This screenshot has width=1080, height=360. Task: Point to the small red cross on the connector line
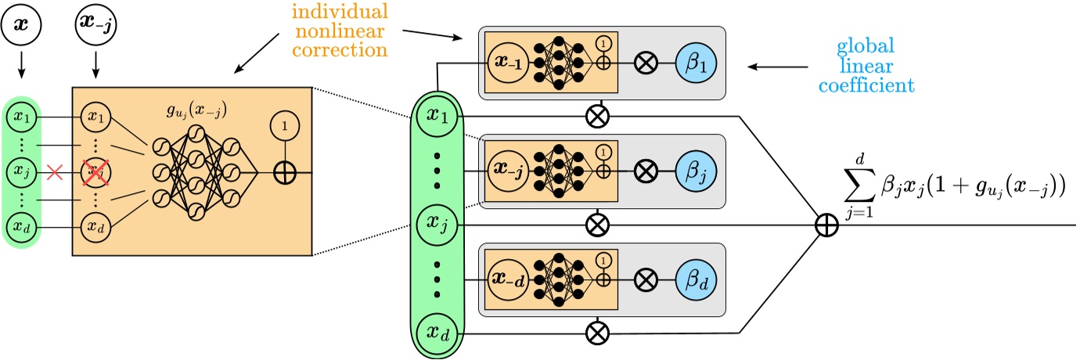(55, 170)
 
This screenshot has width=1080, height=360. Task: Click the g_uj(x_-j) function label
(195, 111)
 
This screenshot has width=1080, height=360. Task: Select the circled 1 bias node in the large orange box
(285, 126)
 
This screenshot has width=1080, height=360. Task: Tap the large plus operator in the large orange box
(285, 173)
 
